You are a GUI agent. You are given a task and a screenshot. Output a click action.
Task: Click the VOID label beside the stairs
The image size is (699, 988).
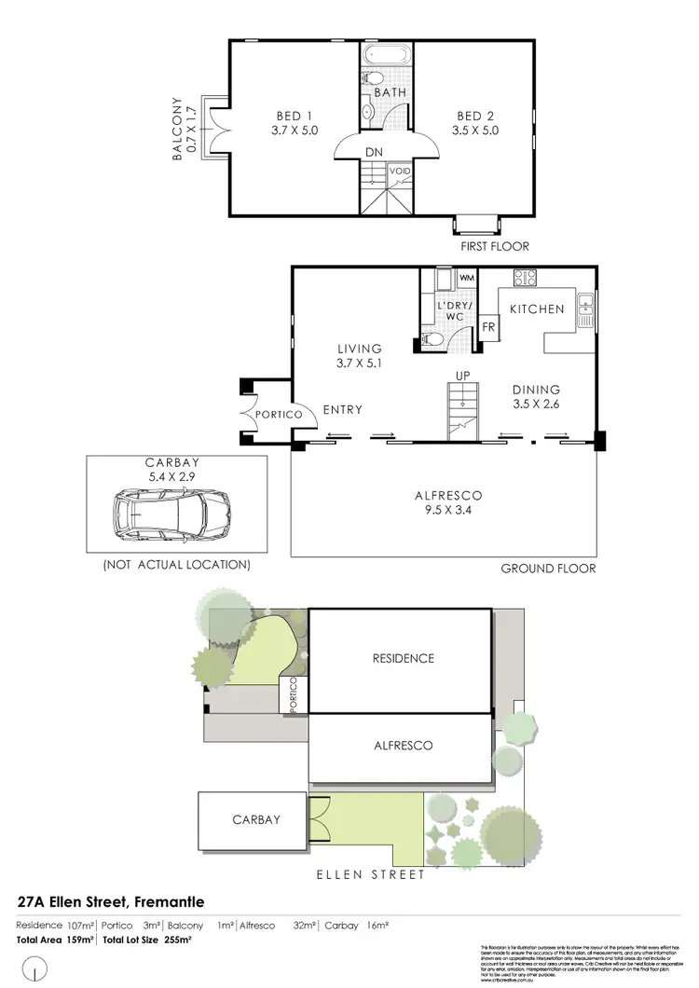(399, 172)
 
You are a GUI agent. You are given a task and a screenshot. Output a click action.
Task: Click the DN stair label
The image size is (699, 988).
(373, 153)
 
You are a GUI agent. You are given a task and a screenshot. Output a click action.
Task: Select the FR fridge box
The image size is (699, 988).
(487, 327)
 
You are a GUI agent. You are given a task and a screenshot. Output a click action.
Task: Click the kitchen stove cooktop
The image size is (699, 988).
(524, 277)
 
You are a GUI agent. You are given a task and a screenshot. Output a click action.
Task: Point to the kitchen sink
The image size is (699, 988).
(585, 308)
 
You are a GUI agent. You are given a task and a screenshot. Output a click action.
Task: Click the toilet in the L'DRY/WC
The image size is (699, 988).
(432, 339)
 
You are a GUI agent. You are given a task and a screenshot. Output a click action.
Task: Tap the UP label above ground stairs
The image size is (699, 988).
(460, 376)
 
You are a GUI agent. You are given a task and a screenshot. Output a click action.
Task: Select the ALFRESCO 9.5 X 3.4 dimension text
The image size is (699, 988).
(442, 511)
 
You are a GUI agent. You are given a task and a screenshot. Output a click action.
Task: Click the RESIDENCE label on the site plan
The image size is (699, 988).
(403, 658)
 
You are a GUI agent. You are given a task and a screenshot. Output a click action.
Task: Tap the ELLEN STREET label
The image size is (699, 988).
(370, 874)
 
